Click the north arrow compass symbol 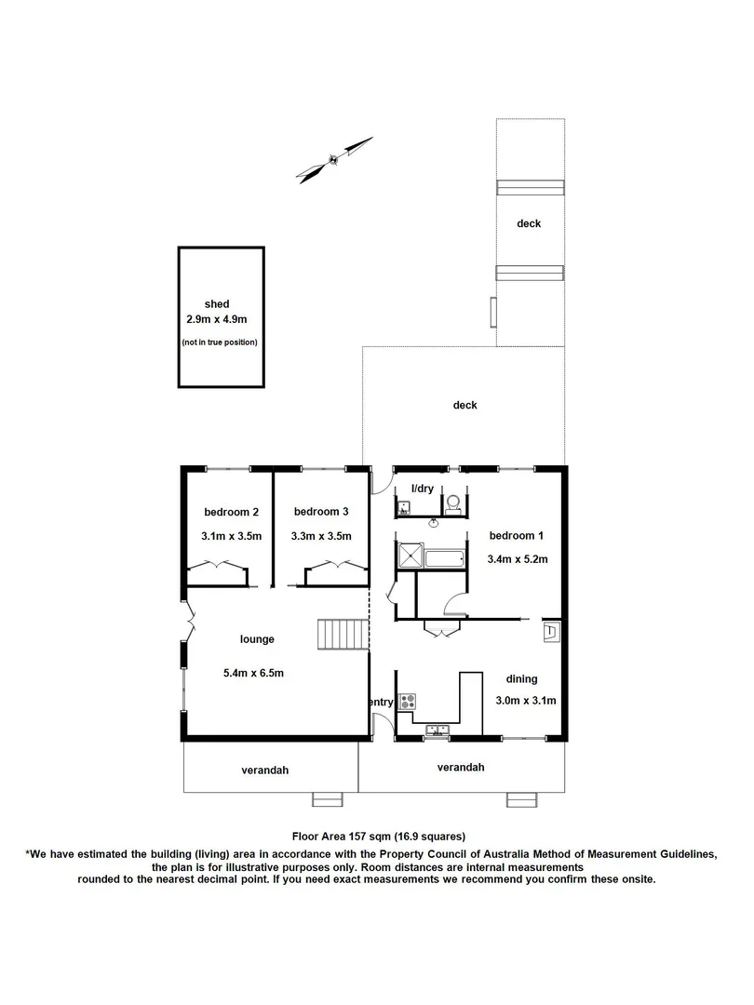pos(334,159)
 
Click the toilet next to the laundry pos(453,503)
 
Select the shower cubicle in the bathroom pos(409,557)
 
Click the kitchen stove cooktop pos(407,701)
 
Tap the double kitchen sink pos(437,731)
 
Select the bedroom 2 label pos(231,512)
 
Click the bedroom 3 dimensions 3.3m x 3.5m pos(321,536)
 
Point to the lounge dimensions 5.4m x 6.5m pos(253,673)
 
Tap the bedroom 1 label pos(511,536)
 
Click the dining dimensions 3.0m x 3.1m pos(525,702)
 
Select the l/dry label pos(411,488)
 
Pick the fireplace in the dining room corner pos(550,632)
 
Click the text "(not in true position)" pos(220,342)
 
